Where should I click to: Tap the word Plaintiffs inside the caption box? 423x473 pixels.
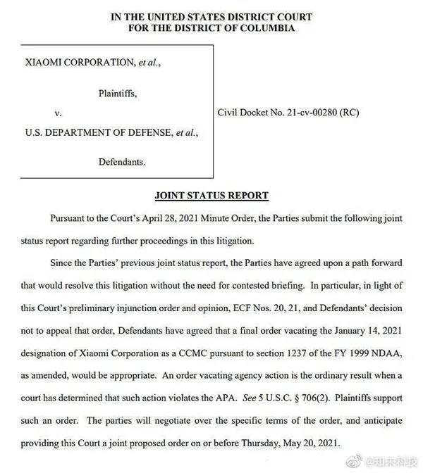(117, 92)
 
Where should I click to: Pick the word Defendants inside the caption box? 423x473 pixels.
(121, 162)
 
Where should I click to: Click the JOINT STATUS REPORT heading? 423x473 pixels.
(211, 195)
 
